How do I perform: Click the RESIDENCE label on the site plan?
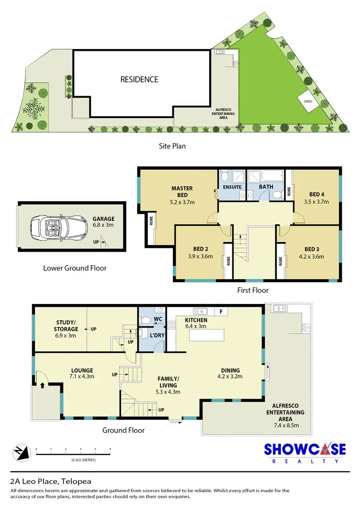point(139,79)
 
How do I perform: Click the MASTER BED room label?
point(182,192)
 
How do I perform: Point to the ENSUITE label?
point(232,187)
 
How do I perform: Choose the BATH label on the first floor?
point(266,187)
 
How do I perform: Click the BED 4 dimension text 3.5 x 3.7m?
point(316,202)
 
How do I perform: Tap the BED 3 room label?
point(312,249)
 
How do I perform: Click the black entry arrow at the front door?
point(43,385)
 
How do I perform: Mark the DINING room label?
point(230,370)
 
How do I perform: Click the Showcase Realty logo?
point(305,452)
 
